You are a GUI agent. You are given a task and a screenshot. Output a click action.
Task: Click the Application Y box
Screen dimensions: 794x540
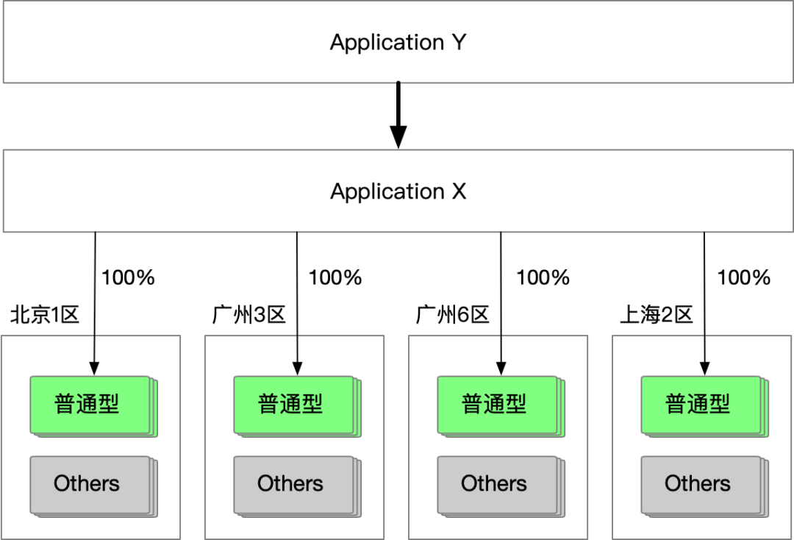tap(398, 42)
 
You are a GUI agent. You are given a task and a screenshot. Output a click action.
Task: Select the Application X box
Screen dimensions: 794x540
tap(398, 191)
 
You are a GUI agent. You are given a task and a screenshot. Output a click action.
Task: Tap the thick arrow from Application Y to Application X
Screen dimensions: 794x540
tap(398, 116)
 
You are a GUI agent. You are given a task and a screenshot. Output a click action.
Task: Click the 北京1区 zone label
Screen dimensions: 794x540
tap(45, 315)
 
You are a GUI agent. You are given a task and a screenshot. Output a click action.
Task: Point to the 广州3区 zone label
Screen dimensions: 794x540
tap(248, 315)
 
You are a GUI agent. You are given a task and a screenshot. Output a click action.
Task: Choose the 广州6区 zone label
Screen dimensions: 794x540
tap(452, 315)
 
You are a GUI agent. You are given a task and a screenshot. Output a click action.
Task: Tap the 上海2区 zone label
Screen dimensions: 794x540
tap(657, 315)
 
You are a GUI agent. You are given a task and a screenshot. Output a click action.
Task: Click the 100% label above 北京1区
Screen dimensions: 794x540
tap(128, 277)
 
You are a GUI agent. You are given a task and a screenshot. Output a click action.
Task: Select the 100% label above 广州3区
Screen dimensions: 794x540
tap(335, 277)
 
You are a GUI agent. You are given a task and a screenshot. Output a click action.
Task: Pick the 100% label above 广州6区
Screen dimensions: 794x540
tap(543, 277)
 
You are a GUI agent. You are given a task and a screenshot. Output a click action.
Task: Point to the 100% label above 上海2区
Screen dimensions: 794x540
tap(744, 277)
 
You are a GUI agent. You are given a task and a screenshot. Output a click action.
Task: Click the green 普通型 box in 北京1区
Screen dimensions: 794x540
tap(93, 406)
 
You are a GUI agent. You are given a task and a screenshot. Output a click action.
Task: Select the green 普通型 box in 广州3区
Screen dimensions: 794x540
tap(297, 406)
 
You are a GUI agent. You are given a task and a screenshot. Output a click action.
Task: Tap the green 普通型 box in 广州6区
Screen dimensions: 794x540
tap(501, 406)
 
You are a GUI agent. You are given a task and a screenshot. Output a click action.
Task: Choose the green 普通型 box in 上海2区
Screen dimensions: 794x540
tap(705, 406)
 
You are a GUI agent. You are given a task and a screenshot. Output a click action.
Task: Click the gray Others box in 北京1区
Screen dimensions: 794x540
tap(93, 486)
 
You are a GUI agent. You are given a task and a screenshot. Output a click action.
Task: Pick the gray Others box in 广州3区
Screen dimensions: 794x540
tap(297, 486)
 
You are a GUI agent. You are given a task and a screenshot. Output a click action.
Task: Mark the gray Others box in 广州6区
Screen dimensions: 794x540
tap(501, 486)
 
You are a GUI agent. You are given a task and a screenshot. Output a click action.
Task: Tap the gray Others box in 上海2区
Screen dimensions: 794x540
tap(705, 486)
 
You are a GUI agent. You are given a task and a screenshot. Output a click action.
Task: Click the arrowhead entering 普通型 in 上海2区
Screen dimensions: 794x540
tap(704, 369)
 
